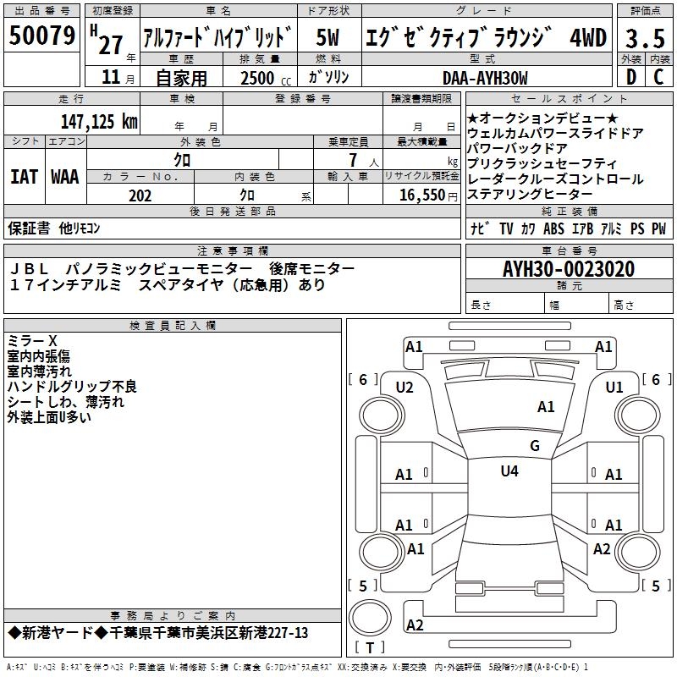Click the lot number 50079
[x=42, y=36]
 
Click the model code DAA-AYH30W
[x=485, y=78]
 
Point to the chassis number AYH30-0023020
[x=568, y=269]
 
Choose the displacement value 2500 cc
[x=259, y=79]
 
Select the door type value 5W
[x=328, y=37]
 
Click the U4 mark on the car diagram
[x=509, y=471]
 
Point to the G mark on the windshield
[x=534, y=445]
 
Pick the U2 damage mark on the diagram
[x=405, y=387]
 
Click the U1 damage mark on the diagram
[x=614, y=387]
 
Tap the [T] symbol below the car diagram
[x=369, y=648]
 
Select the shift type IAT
[x=24, y=177]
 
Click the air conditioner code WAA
[x=65, y=177]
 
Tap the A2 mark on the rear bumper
[x=415, y=625]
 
